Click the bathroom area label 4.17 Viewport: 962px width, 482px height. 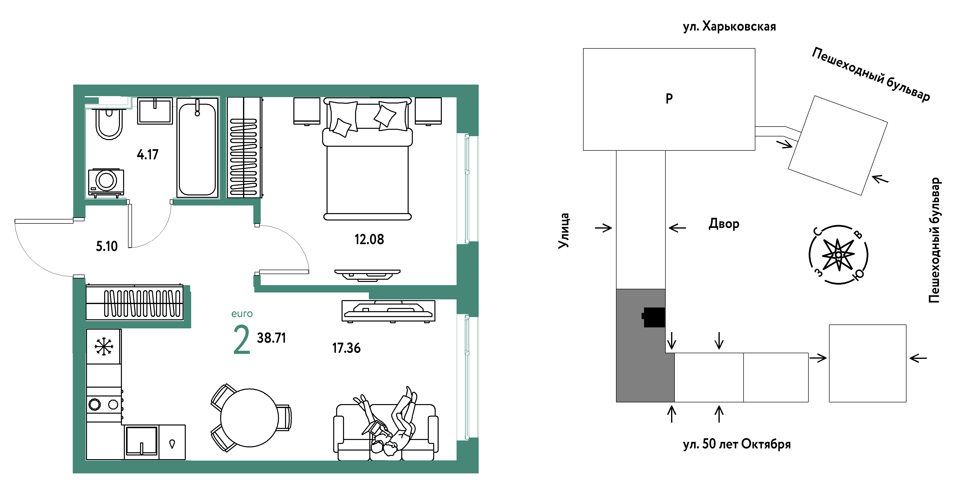pyautogui.click(x=147, y=154)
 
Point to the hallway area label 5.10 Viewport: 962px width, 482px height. pyautogui.click(x=107, y=246)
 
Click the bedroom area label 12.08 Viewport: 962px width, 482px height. pyautogui.click(x=369, y=239)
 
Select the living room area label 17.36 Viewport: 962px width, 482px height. pyautogui.click(x=346, y=348)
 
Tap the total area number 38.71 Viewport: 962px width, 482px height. pyautogui.click(x=272, y=338)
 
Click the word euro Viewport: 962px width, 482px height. pyautogui.click(x=242, y=313)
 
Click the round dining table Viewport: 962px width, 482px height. pyautogui.click(x=249, y=418)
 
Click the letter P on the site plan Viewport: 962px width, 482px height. pyautogui.click(x=669, y=98)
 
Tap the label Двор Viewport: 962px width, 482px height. pyautogui.click(x=724, y=224)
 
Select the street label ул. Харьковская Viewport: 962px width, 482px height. pyautogui.click(x=729, y=27)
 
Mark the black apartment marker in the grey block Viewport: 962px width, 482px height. pyautogui.click(x=654, y=317)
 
